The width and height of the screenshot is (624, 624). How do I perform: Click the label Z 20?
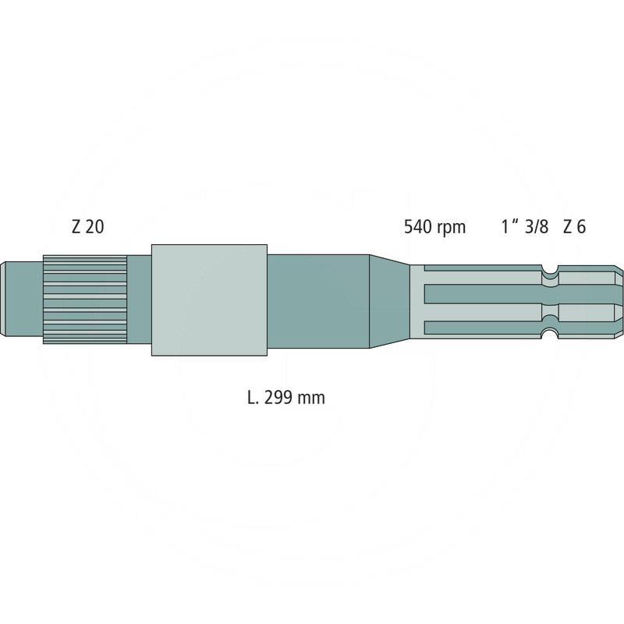pyautogui.click(x=87, y=227)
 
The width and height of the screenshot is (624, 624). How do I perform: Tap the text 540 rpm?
pyautogui.click(x=434, y=227)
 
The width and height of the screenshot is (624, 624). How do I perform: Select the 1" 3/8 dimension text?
pyautogui.click(x=524, y=227)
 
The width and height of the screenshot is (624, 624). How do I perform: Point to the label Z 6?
pyautogui.click(x=574, y=227)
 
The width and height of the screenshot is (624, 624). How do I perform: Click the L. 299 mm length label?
pyautogui.click(x=285, y=397)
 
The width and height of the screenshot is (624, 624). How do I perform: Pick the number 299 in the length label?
pyautogui.click(x=278, y=397)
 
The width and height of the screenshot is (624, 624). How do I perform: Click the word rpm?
pyautogui.click(x=452, y=229)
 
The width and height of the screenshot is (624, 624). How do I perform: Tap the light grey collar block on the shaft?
pyautogui.click(x=209, y=300)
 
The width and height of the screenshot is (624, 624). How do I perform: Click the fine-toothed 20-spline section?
pyautogui.click(x=85, y=300)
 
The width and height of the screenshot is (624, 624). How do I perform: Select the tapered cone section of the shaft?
pyautogui.click(x=389, y=301)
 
